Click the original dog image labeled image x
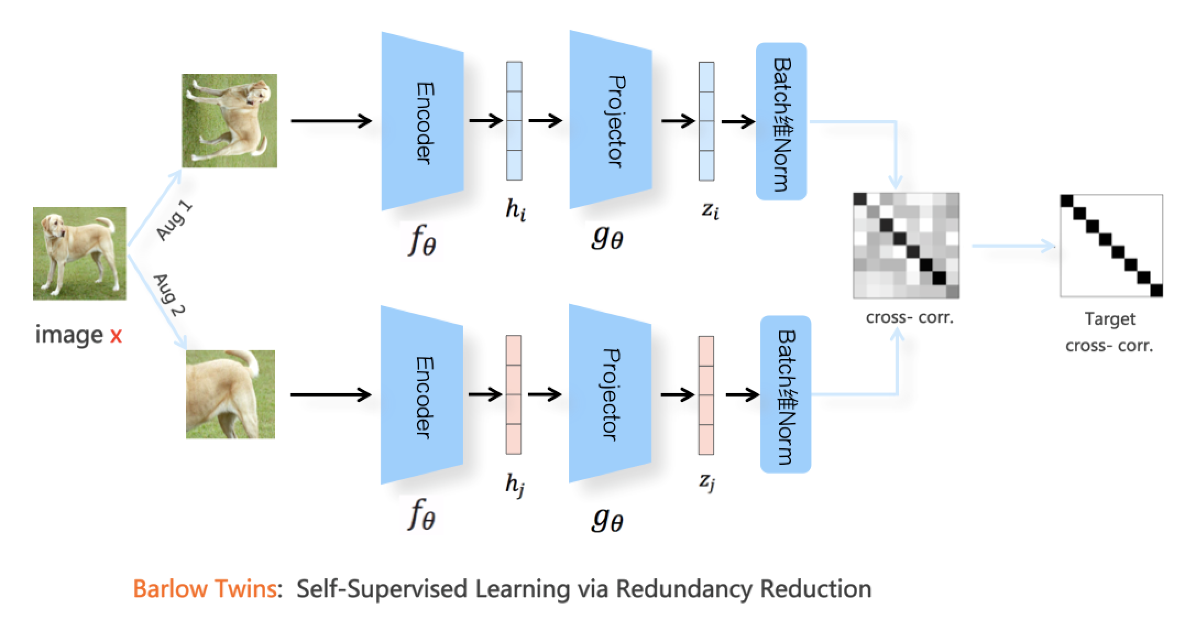[79, 253]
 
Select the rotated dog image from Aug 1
[229, 121]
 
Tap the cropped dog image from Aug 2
[230, 394]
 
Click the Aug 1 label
[175, 221]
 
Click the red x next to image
[116, 335]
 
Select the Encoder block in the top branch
[423, 121]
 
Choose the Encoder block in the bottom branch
[422, 395]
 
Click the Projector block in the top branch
[611, 120]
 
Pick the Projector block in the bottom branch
[610, 394]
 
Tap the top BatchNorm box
[781, 121]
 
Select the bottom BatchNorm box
[786, 394]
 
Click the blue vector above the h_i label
[514, 121]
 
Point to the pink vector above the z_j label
[706, 395]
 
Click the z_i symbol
[710, 210]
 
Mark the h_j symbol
[515, 485]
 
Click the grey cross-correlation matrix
[906, 246]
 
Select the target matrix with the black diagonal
[1112, 246]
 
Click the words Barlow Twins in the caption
[204, 589]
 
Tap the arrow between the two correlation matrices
[1012, 246]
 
